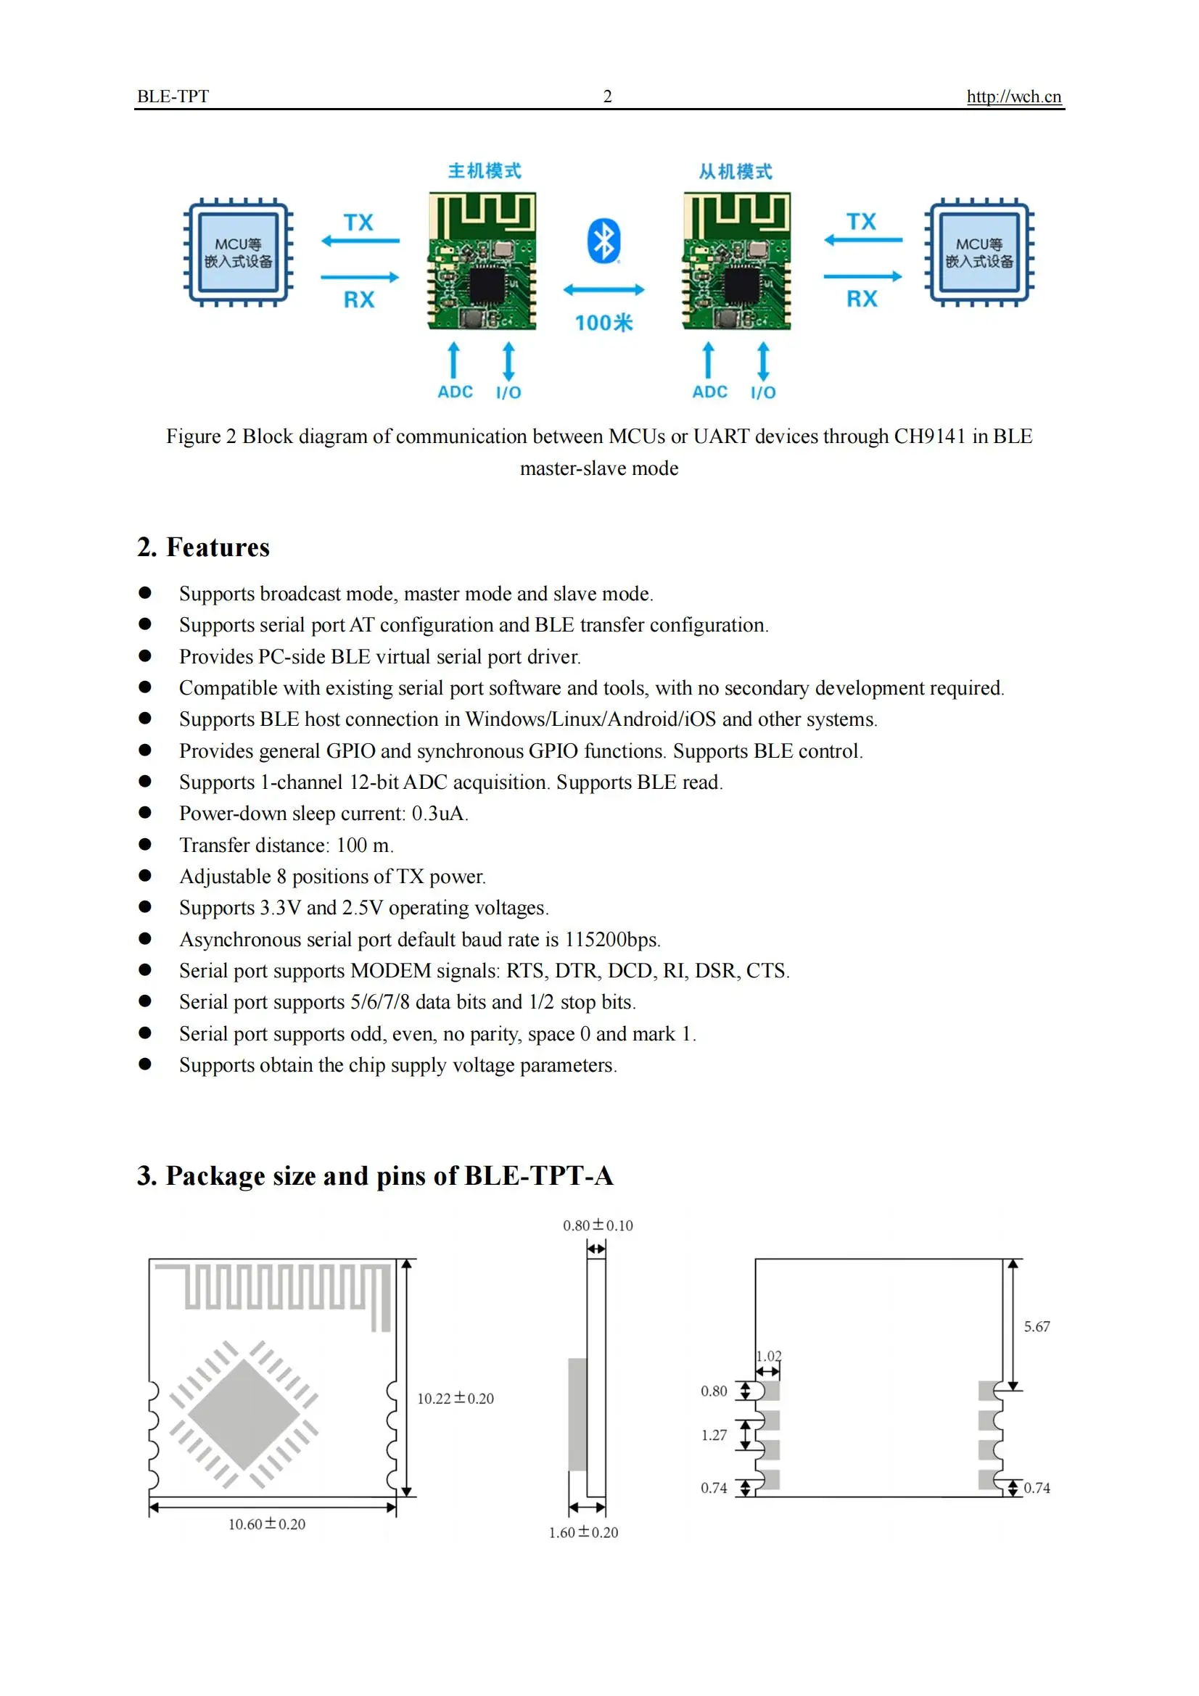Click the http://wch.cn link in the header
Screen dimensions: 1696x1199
coord(1013,96)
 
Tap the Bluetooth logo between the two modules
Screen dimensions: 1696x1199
coord(603,241)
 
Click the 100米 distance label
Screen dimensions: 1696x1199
coord(603,323)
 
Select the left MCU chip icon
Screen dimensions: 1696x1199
coord(238,252)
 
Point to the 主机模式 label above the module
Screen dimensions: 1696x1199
coord(485,171)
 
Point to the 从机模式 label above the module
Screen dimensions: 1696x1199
coord(736,172)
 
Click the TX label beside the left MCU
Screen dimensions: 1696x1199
coord(358,223)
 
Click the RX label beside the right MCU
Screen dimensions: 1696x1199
coord(862,299)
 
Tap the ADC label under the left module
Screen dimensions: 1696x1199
coord(455,392)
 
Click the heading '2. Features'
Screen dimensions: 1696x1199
coord(203,547)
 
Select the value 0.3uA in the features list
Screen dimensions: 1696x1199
coord(439,814)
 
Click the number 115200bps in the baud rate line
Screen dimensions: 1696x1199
coord(611,940)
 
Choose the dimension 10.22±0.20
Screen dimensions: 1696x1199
coord(455,1398)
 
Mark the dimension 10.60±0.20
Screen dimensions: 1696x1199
coord(267,1524)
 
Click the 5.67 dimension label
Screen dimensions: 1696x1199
coord(1037,1327)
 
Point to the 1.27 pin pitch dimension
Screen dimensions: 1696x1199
coord(714,1435)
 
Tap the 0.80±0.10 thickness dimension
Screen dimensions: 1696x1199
coord(598,1225)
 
